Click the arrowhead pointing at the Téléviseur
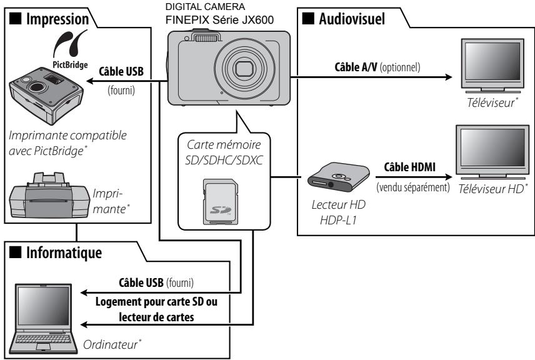click(447, 78)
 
